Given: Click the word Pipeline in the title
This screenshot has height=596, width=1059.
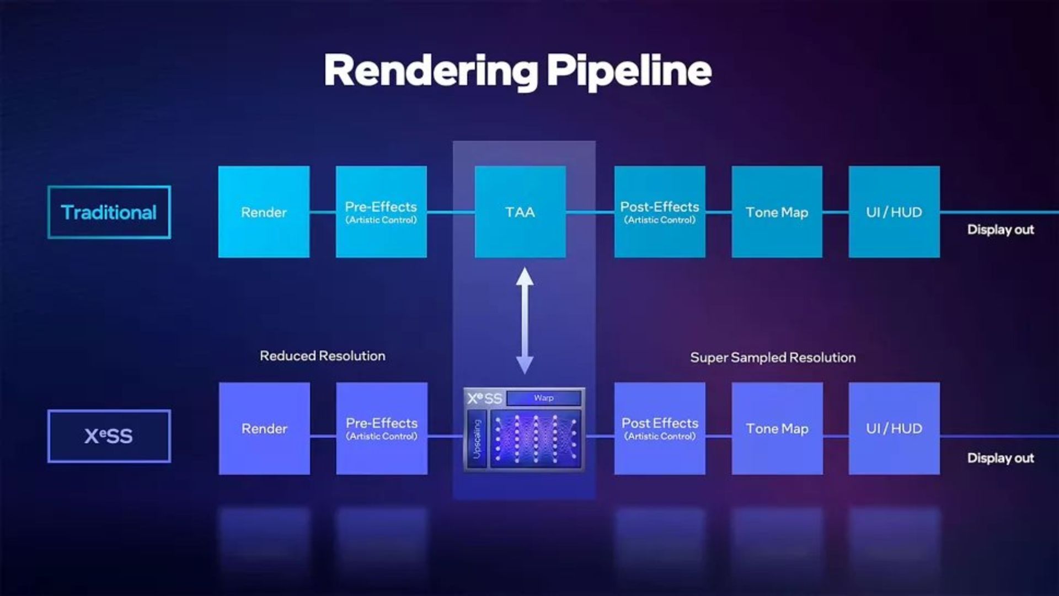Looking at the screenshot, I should click(629, 71).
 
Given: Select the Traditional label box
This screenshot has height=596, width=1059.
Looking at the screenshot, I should click(109, 212).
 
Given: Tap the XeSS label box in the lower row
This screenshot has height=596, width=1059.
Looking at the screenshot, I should click(109, 436).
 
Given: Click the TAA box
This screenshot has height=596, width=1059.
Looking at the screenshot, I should click(520, 212).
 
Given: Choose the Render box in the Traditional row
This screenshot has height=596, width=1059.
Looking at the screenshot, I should click(264, 212).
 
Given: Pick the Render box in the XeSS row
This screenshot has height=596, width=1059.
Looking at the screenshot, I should click(264, 428).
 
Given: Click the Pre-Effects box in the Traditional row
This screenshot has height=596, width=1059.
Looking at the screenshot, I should click(381, 212).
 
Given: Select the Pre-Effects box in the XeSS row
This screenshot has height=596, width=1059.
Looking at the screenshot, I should click(382, 428).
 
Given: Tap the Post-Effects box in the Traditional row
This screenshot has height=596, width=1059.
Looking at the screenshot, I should click(660, 212).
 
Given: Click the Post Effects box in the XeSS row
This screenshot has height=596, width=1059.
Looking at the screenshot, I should click(660, 428).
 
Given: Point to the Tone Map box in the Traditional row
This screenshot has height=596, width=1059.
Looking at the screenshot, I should click(777, 212).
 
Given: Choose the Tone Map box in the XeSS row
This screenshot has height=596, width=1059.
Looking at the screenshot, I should click(777, 428).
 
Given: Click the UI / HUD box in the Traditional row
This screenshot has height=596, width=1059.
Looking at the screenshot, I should click(894, 212).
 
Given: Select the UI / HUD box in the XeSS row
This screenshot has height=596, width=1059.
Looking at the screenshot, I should click(894, 428).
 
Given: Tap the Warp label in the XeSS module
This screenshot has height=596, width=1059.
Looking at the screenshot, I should click(544, 398).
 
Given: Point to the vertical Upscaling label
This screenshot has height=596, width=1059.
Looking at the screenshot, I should click(477, 439).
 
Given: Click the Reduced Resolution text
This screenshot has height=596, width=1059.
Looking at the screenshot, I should click(323, 356).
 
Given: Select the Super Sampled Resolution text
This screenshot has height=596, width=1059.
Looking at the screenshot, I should click(773, 358).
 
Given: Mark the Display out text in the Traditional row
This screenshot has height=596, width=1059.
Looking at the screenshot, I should click(1001, 230).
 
